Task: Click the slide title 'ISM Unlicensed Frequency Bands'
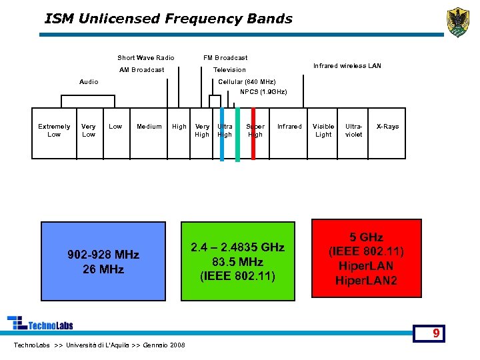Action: point(168,19)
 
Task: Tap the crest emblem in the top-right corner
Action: point(457,23)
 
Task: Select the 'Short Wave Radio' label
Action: point(145,58)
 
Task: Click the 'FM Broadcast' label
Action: point(225,58)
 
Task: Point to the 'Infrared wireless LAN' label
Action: point(347,66)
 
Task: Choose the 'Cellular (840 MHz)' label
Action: point(247,82)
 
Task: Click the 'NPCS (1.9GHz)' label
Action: point(263,92)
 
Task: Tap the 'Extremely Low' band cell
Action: point(54,131)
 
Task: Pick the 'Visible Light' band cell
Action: point(323,131)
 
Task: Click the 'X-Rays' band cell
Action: point(387,127)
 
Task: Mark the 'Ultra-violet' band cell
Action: point(354,131)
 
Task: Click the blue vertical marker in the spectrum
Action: point(222,133)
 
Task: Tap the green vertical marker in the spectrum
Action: point(237,133)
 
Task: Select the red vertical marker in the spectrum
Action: point(253,133)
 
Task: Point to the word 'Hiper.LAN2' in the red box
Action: point(366,281)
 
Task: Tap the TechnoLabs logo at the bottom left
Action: point(40,323)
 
